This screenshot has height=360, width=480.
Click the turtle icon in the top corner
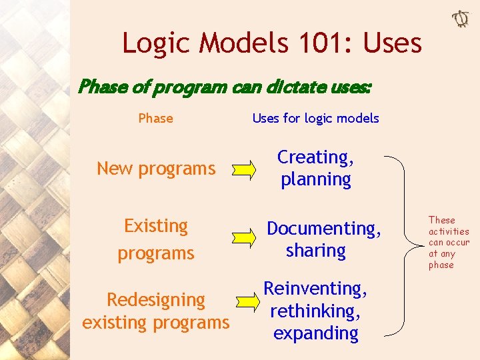click(461, 19)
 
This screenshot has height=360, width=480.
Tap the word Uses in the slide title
click(393, 43)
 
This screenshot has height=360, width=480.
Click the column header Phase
click(155, 119)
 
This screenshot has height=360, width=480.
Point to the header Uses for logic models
click(315, 119)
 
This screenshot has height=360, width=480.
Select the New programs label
click(156, 169)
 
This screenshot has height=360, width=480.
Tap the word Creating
click(315, 157)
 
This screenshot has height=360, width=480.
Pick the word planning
click(315, 179)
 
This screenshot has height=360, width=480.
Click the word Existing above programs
click(156, 226)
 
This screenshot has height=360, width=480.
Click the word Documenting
click(324, 229)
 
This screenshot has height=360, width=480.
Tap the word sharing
click(315, 251)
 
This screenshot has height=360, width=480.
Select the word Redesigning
click(156, 300)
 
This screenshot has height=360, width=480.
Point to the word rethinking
click(315, 311)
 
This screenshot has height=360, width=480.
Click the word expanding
click(315, 333)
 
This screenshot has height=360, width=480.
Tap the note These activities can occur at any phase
click(449, 242)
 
